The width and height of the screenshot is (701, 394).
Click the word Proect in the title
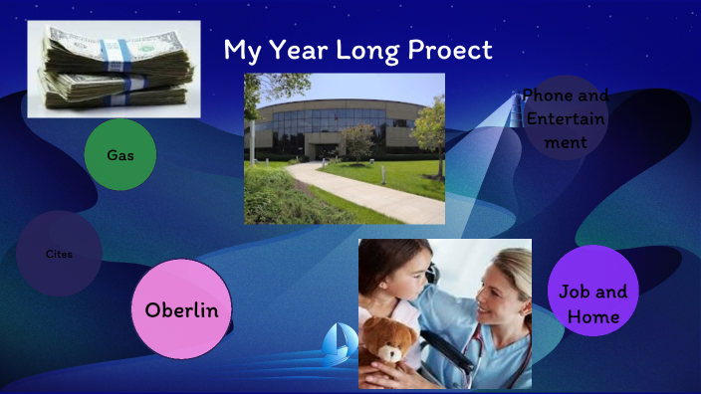[452, 50]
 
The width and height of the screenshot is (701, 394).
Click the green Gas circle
[120, 155]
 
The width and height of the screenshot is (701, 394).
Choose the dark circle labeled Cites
[59, 254]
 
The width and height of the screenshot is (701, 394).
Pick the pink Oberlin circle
[181, 309]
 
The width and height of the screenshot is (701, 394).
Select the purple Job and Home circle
[592, 303]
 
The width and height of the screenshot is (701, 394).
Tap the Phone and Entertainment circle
[566, 118]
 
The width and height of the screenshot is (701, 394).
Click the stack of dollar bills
[114, 68]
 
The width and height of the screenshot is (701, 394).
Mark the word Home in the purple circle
[593, 317]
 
